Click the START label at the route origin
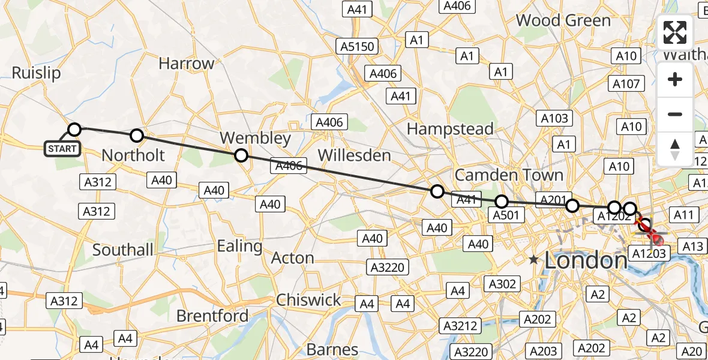point(62,148)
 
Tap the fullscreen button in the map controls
point(675,32)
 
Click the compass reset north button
point(675,149)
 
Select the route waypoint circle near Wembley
point(241,155)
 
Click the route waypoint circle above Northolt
point(137,136)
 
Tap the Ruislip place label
point(37,73)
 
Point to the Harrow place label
point(186,64)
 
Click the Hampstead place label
point(450,128)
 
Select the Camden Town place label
point(509,175)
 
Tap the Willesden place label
point(354,155)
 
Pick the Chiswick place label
point(308,300)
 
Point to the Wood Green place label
point(563,20)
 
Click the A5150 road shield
point(358,47)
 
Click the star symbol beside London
point(533,260)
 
